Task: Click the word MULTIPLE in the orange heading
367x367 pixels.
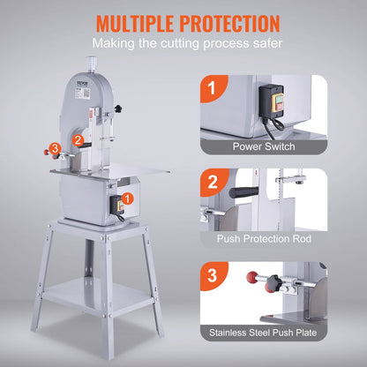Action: click(x=123, y=21)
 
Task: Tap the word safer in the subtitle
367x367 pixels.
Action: click(x=266, y=43)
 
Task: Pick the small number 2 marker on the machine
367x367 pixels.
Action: click(x=78, y=139)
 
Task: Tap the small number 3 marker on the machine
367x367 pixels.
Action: click(x=56, y=147)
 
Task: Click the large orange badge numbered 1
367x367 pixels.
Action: click(x=212, y=87)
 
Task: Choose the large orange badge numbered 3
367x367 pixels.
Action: click(x=212, y=274)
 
